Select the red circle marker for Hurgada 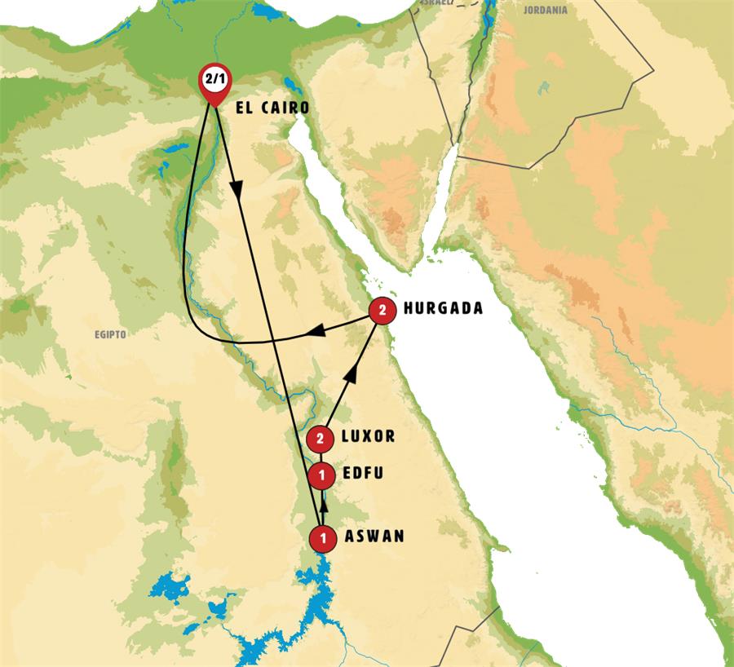pyautogui.click(x=381, y=310)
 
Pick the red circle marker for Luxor pyautogui.click(x=320, y=439)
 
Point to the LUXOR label pyautogui.click(x=369, y=436)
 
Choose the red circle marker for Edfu pyautogui.click(x=323, y=474)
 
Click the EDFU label pyautogui.click(x=362, y=473)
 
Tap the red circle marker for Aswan pyautogui.click(x=324, y=537)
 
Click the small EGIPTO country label pyautogui.click(x=109, y=334)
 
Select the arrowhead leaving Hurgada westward pyautogui.click(x=318, y=331)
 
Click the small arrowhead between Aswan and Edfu pyautogui.click(x=324, y=504)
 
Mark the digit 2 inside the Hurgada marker pyautogui.click(x=381, y=310)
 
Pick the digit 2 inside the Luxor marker pyautogui.click(x=320, y=439)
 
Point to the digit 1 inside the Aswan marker pyautogui.click(x=324, y=537)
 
